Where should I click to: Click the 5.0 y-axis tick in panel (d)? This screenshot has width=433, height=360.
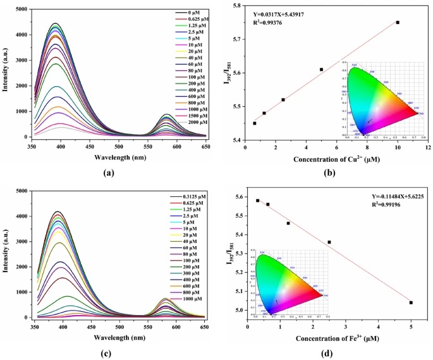click(x=239, y=310)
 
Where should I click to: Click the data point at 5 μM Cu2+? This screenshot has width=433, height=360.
click(x=321, y=70)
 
